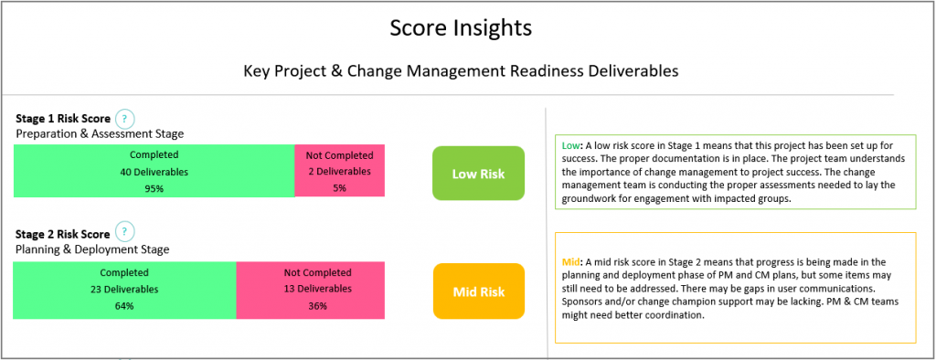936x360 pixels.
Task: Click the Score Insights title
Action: click(461, 28)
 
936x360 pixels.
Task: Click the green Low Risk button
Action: click(478, 174)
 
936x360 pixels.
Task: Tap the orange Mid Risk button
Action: click(478, 291)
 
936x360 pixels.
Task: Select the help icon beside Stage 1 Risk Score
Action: click(126, 119)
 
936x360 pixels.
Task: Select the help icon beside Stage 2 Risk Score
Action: click(126, 232)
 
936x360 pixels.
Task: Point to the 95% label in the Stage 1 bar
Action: click(154, 188)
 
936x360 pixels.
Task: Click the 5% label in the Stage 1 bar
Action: click(339, 188)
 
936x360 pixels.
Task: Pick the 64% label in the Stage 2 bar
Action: click(124, 306)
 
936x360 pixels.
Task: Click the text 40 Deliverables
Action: click(154, 171)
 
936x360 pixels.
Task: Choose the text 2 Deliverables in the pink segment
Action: click(339, 171)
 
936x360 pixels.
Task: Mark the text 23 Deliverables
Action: click(124, 289)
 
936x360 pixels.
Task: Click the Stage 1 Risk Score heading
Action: click(63, 119)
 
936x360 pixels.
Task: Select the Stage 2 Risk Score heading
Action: click(63, 233)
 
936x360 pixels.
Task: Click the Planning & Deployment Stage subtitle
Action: click(92, 249)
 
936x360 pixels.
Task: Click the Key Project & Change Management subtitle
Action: click(461, 70)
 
